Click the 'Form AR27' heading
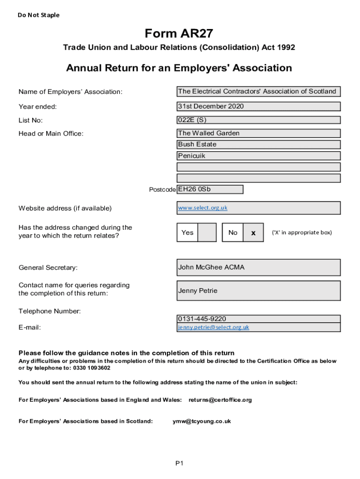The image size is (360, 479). pyautogui.click(x=179, y=34)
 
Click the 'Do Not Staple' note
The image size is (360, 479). pyautogui.click(x=39, y=15)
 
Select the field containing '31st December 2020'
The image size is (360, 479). pyautogui.click(x=258, y=106)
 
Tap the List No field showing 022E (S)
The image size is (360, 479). pyautogui.click(x=258, y=120)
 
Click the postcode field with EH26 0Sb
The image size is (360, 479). pyautogui.click(x=210, y=189)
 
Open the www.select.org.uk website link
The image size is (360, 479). pyautogui.click(x=202, y=208)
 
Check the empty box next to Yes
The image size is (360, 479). pyautogui.click(x=207, y=232)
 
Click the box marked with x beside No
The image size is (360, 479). pyautogui.click(x=253, y=232)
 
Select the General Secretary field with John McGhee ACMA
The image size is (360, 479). pyautogui.click(x=258, y=268)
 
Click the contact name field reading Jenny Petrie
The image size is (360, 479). pyautogui.click(x=258, y=290)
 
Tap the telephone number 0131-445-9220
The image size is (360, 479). pyautogui.click(x=202, y=319)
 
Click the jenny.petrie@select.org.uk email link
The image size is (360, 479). pyautogui.click(x=213, y=327)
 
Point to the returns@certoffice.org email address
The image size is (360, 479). pyautogui.click(x=220, y=400)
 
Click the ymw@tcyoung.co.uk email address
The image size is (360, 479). pyautogui.click(x=202, y=421)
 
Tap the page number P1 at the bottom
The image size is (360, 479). pyautogui.click(x=180, y=463)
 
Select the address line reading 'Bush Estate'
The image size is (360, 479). pyautogui.click(x=258, y=145)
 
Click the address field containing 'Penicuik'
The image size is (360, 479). pyautogui.click(x=258, y=156)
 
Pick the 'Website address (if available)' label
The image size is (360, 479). pyautogui.click(x=65, y=208)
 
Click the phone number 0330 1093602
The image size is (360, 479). pyautogui.click(x=92, y=368)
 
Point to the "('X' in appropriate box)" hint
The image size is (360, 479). pyautogui.click(x=302, y=232)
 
